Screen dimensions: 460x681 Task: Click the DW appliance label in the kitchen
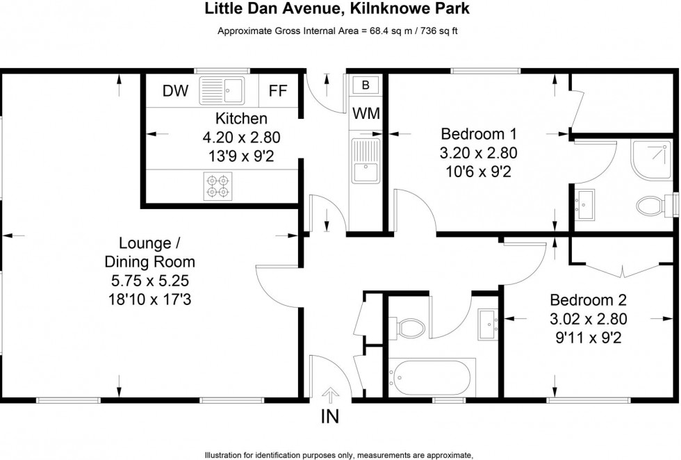click(x=175, y=91)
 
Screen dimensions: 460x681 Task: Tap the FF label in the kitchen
click(x=279, y=91)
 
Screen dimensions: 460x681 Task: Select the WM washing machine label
click(x=366, y=114)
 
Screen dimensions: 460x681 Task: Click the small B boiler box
click(x=366, y=85)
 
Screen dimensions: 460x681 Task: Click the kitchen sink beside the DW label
click(x=222, y=90)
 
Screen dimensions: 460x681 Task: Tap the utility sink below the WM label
click(x=365, y=161)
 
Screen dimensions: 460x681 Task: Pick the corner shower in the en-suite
click(x=650, y=156)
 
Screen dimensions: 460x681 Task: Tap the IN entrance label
click(x=330, y=418)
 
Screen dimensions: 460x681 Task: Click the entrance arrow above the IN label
click(x=331, y=395)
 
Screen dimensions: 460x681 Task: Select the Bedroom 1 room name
click(x=480, y=133)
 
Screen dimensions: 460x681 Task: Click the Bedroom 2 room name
click(x=588, y=301)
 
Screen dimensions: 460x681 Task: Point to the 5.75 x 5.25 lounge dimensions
click(x=149, y=281)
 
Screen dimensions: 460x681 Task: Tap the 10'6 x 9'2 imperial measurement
click(x=480, y=172)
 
